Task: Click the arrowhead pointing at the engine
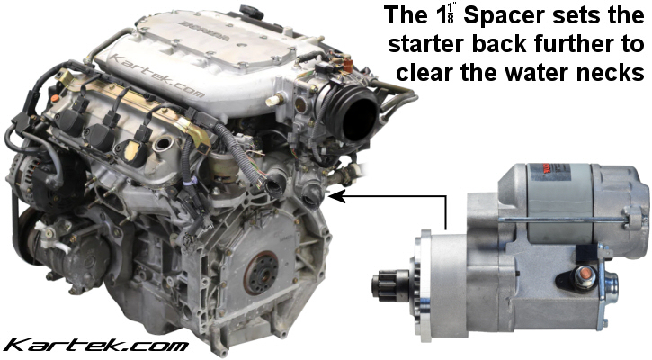click(x=334, y=193)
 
